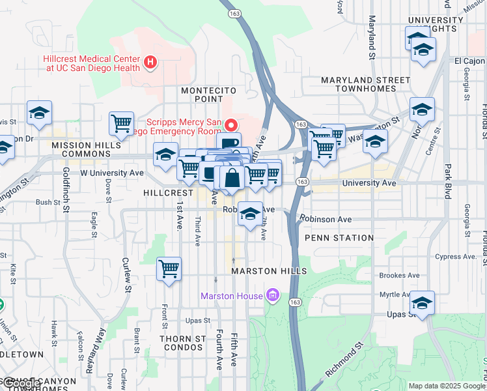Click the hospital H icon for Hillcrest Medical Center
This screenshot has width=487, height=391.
[x=151, y=63]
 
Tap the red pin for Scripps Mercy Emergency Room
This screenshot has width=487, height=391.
[x=230, y=124]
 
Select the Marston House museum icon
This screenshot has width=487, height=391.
[x=272, y=296]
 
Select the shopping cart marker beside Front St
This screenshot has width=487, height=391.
[x=169, y=268]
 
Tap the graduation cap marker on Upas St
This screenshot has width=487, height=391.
[x=422, y=303]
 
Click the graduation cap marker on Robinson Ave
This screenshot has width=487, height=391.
[x=250, y=214]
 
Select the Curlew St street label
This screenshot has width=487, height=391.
[x=126, y=274]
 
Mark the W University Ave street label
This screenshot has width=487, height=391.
[x=111, y=173]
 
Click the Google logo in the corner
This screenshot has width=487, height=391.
[x=21, y=384]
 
